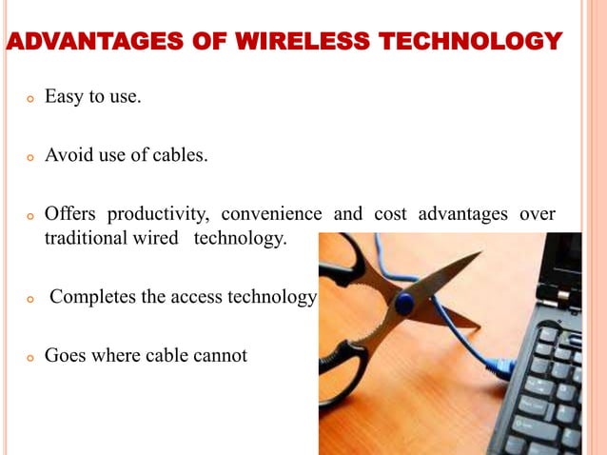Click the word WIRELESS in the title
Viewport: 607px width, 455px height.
tap(305, 42)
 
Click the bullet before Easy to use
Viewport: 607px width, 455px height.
tap(30, 98)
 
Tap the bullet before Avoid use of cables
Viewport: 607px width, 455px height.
tap(30, 156)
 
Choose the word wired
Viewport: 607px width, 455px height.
tap(157, 238)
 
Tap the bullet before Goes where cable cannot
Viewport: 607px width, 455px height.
tap(30, 358)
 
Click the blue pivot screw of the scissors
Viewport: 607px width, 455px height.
tap(404, 305)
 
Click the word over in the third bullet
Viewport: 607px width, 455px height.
tap(538, 213)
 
